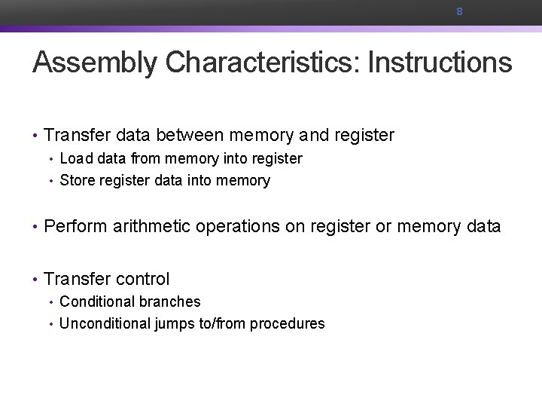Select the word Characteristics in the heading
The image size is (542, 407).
(259, 63)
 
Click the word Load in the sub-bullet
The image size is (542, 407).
(75, 158)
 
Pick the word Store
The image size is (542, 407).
(77, 180)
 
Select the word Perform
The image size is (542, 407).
(75, 226)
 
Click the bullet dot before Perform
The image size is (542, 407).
(35, 227)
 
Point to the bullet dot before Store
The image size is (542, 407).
(51, 181)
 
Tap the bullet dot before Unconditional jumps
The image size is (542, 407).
(51, 324)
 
